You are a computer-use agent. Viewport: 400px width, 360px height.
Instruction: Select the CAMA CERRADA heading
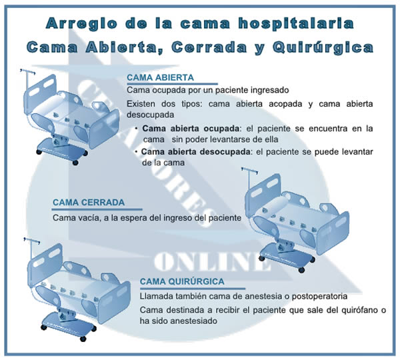(88, 203)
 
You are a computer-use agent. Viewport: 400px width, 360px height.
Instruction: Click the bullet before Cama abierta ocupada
(136, 128)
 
